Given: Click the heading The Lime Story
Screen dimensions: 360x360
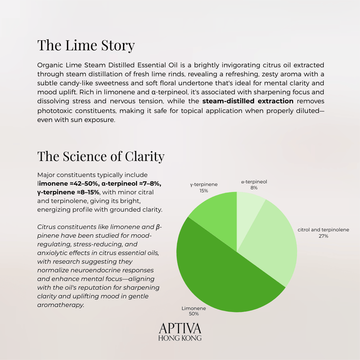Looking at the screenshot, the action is (x=86, y=45).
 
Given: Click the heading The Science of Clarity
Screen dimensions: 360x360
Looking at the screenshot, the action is (x=100, y=156).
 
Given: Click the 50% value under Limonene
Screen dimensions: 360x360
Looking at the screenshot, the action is (x=193, y=314).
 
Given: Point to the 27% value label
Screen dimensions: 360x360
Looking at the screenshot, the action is (x=323, y=236).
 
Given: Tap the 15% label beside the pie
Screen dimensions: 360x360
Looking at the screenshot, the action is (x=203, y=190).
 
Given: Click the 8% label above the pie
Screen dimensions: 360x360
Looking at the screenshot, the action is (x=254, y=188).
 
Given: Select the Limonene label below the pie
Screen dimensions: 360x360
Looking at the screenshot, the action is (x=193, y=308).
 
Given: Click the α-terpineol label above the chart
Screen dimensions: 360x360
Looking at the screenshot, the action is (x=254, y=182).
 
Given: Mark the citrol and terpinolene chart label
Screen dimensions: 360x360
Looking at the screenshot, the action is (x=323, y=230).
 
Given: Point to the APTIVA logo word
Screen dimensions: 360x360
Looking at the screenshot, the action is (x=179, y=328).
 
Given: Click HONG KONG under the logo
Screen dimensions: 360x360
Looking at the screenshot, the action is (x=179, y=338).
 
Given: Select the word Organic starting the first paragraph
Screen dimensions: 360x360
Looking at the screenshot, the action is (x=51, y=65).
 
